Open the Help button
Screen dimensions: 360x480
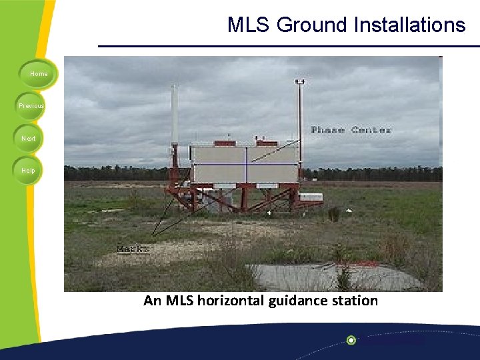pos(27,170)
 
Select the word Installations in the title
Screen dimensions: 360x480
pos(414,25)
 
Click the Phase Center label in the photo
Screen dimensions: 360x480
pos(351,129)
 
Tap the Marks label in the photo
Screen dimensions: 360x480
pos(133,249)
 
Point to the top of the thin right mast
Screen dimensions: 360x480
pos(300,83)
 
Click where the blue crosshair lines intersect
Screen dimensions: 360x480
pos(247,164)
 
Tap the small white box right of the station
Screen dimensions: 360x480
pos(311,197)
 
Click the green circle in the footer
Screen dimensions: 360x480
pos(351,340)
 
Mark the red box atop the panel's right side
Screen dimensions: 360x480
pos(267,142)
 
